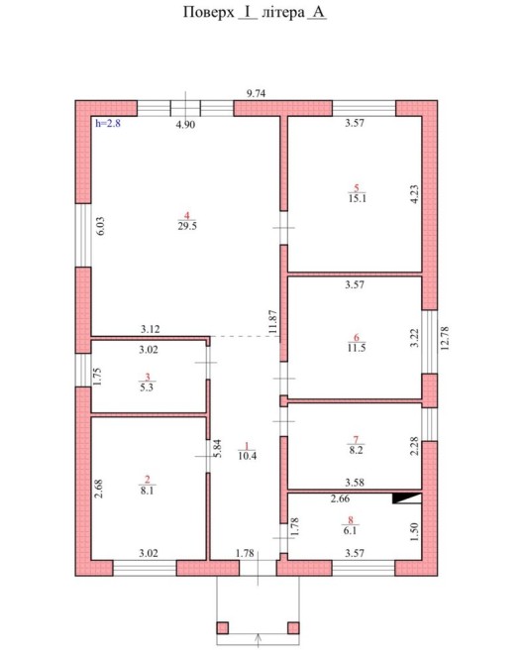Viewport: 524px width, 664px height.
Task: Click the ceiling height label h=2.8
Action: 108,124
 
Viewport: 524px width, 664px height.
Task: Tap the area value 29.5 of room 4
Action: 187,226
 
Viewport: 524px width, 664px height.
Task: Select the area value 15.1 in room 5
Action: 358,198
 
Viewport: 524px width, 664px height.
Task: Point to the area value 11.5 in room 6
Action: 357,348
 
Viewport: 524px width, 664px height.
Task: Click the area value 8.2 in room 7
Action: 357,450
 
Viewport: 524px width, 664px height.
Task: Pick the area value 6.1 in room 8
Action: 351,530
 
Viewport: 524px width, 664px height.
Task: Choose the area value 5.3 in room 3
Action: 147,387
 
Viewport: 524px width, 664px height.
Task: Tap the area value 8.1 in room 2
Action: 147,491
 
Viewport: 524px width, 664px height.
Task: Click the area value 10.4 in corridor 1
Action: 248,456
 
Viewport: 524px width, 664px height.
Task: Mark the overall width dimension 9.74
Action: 257,93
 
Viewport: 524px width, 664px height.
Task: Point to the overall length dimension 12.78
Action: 445,338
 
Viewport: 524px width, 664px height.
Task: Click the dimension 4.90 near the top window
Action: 186,125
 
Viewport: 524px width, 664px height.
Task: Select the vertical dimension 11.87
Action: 272,321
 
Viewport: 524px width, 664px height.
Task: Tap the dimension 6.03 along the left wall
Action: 100,226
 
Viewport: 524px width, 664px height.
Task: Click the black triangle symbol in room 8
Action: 407,498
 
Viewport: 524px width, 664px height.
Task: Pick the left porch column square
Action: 223,627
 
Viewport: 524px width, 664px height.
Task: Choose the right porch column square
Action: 293,627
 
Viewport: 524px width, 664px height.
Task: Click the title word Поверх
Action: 209,12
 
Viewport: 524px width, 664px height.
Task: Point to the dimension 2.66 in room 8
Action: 340,498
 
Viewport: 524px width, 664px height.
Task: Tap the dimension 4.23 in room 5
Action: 414,194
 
